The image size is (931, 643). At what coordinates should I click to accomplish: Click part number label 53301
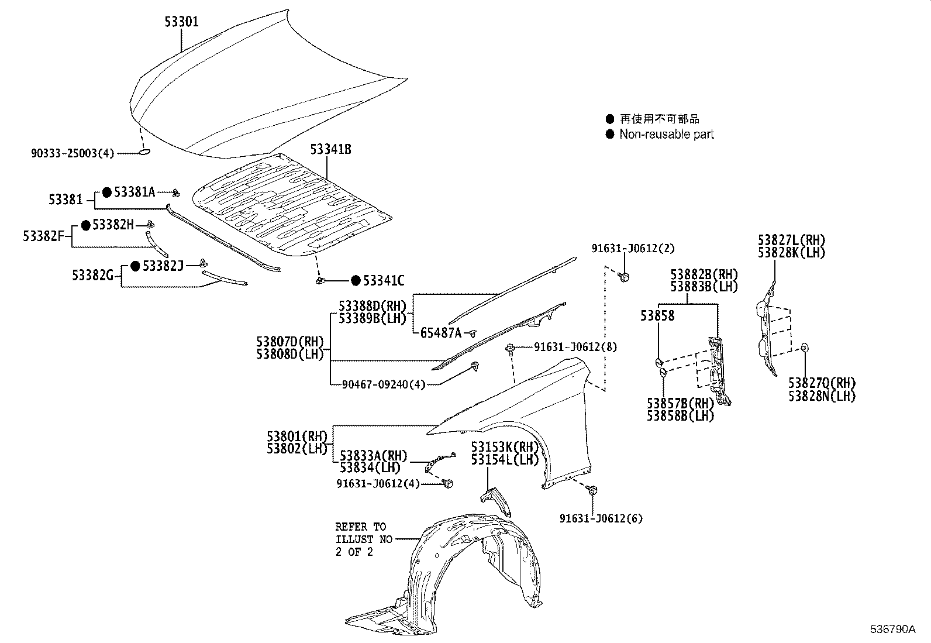[x=181, y=22]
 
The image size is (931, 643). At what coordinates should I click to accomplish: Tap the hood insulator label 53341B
[x=330, y=149]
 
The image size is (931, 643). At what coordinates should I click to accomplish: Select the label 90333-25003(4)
[x=73, y=153]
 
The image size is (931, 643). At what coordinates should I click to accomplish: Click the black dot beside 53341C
[x=356, y=281]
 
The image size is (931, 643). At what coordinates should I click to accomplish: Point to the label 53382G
[x=92, y=275]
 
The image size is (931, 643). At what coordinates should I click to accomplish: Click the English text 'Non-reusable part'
[x=667, y=135]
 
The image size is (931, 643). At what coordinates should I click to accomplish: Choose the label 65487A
[x=441, y=333]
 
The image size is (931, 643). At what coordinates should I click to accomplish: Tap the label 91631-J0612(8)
[x=575, y=347]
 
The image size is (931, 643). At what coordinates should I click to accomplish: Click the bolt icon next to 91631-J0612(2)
[x=623, y=277]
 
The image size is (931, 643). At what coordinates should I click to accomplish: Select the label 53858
[x=657, y=316]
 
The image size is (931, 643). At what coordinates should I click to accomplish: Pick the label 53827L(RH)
[x=791, y=240]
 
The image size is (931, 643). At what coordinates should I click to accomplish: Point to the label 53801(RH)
[x=296, y=436]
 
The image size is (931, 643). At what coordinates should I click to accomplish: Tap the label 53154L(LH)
[x=505, y=459]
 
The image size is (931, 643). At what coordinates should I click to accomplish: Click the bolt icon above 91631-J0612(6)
[x=592, y=490]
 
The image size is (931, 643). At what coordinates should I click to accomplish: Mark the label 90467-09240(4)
[x=384, y=384]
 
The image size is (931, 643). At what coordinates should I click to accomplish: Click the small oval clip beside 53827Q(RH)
[x=804, y=348]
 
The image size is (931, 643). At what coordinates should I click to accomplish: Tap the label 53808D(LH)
[x=289, y=354]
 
